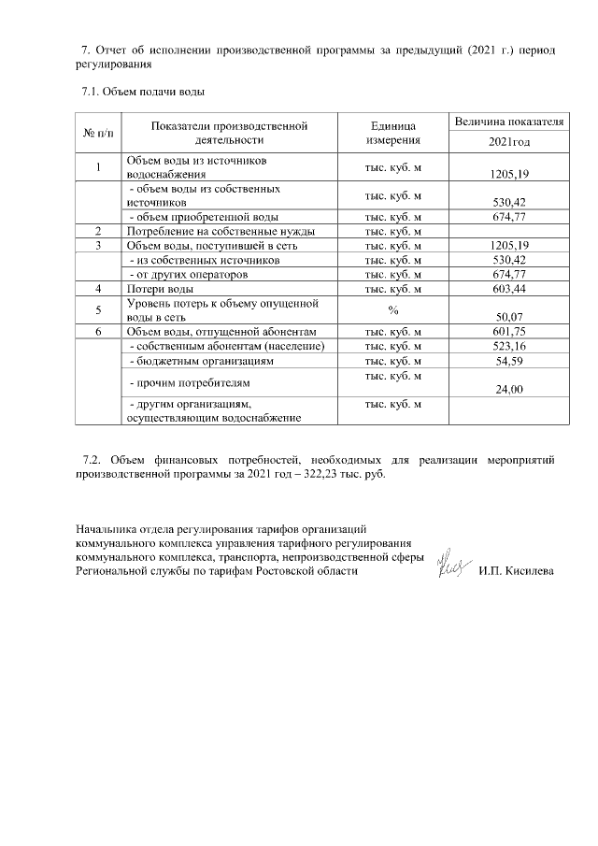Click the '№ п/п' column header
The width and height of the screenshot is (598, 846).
[99, 133]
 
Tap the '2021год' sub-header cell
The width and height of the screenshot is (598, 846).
[508, 142]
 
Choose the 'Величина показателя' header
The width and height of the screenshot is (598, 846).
[508, 122]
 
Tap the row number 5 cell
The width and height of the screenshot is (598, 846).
[99, 310]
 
